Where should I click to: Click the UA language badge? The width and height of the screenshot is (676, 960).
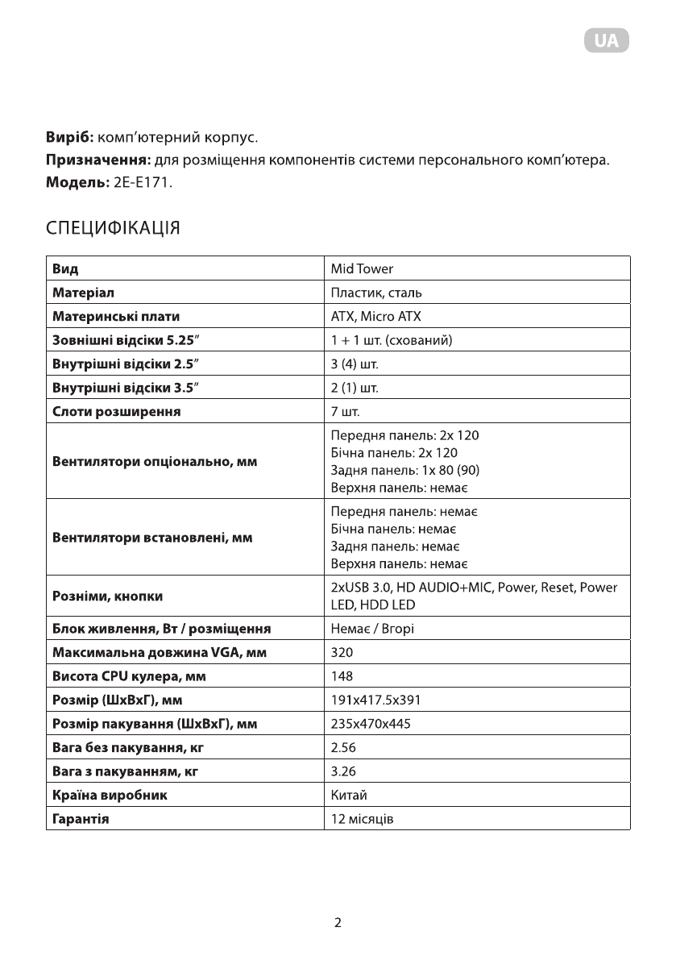(x=606, y=41)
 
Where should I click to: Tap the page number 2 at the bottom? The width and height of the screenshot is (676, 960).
(x=338, y=923)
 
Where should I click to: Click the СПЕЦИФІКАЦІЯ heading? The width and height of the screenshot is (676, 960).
(x=112, y=228)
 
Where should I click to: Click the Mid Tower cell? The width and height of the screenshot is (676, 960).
(x=362, y=268)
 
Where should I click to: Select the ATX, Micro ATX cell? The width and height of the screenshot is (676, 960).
(x=375, y=316)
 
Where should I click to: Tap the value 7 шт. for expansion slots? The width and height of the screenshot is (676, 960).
(x=345, y=412)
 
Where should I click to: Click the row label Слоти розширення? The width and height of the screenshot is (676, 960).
(x=116, y=412)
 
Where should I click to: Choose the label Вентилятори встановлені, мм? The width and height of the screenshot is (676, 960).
(x=152, y=538)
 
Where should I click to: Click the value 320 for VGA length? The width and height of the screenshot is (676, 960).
(x=342, y=652)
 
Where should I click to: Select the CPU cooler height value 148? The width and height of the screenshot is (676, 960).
(x=342, y=676)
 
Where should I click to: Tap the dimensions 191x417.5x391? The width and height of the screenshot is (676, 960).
(x=375, y=700)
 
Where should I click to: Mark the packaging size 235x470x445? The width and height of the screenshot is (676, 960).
(x=371, y=724)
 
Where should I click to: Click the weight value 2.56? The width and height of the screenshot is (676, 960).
(x=343, y=748)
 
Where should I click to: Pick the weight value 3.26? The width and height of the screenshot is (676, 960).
(x=343, y=772)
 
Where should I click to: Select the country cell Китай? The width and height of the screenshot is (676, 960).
(x=349, y=796)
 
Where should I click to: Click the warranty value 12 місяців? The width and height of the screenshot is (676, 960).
(x=363, y=820)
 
